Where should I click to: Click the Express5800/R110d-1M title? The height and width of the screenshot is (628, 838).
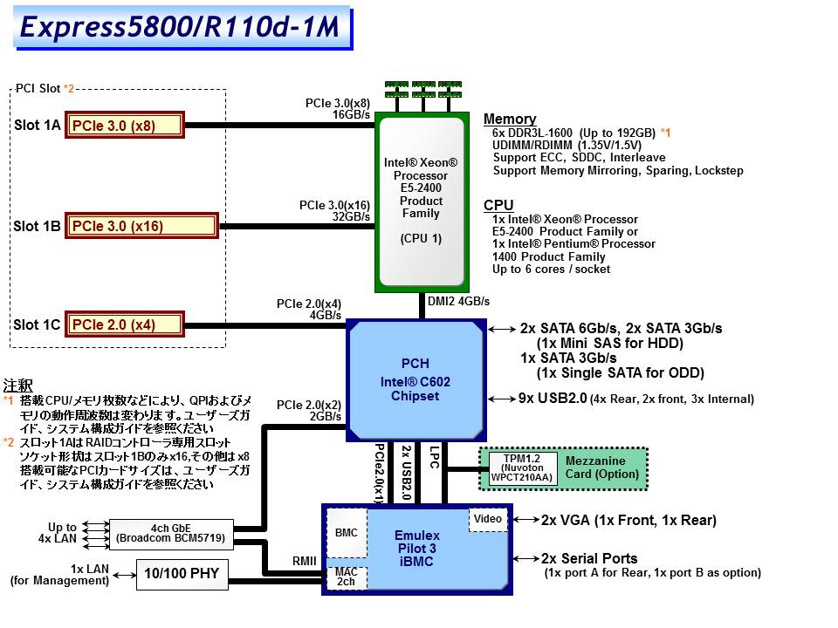[x=179, y=28]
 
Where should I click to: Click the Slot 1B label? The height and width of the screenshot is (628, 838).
[x=38, y=227]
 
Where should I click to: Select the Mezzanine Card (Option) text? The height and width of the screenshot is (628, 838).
[x=595, y=468]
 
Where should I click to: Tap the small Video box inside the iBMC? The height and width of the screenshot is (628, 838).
[x=488, y=520]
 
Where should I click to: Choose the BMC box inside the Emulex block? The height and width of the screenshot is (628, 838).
[x=347, y=533]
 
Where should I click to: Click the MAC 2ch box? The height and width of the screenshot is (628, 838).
[x=347, y=577]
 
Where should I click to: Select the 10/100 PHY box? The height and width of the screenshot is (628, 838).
[x=182, y=573]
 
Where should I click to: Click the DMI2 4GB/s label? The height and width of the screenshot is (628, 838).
[x=458, y=301]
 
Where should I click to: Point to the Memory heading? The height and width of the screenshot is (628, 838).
[x=510, y=119]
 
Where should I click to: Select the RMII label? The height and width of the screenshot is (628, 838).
[x=304, y=562]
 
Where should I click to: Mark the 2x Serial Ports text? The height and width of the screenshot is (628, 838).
[x=589, y=558]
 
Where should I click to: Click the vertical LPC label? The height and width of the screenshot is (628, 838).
[x=434, y=456]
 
